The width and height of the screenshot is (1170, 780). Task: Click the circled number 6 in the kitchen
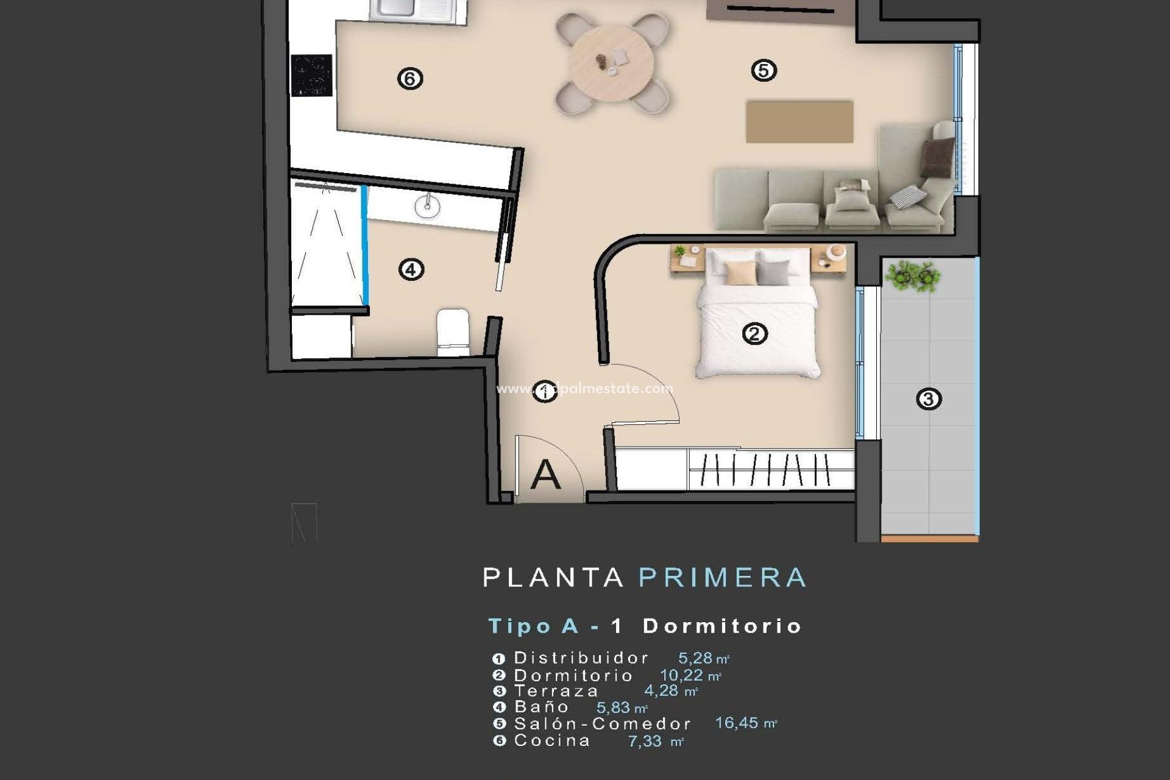[410, 79]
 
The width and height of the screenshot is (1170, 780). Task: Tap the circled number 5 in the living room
[764, 71]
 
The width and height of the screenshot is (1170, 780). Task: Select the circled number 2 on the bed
[754, 334]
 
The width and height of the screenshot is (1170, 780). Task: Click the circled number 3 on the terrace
[929, 399]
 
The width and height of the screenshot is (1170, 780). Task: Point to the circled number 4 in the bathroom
[411, 269]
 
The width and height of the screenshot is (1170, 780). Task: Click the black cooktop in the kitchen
[311, 76]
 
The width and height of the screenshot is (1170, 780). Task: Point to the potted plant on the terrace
[912, 275]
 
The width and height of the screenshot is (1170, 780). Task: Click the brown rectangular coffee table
[799, 122]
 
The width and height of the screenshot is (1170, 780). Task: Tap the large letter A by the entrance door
[545, 475]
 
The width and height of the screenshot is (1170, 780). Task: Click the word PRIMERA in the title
[723, 578]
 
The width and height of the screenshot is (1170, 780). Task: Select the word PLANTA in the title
[553, 578]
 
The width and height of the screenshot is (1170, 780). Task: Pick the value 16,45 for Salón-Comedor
[736, 723]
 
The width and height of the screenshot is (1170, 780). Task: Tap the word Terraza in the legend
[556, 691]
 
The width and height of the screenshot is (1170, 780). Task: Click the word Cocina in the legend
[552, 741]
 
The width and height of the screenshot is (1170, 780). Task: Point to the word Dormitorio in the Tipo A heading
[722, 626]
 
